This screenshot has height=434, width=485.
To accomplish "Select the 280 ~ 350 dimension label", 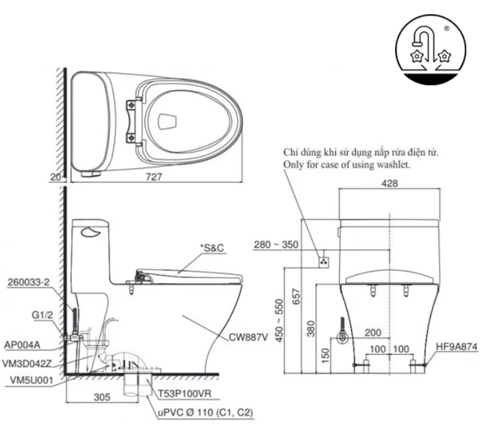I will [x=276, y=245].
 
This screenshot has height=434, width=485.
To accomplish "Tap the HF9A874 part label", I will [x=456, y=346].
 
